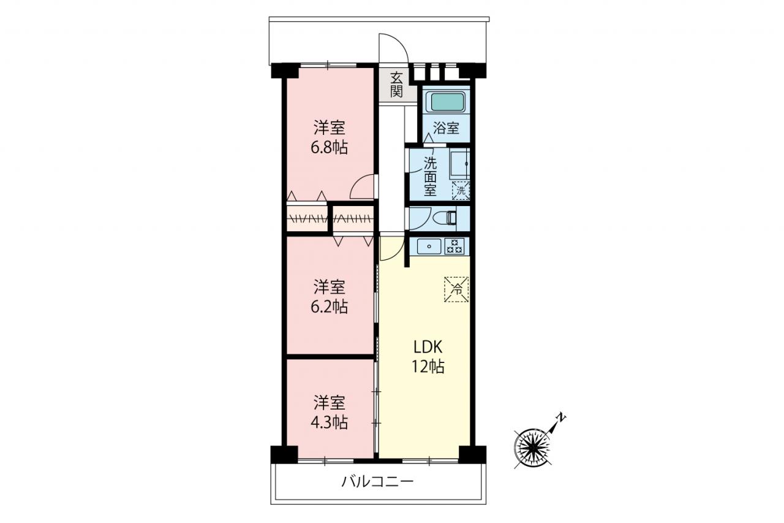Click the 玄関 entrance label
pyautogui.click(x=396, y=85)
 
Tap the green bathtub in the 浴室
pyautogui.click(x=447, y=102)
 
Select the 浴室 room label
pyautogui.click(x=447, y=128)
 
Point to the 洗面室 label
pyautogui.click(x=430, y=177)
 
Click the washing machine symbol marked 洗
pyautogui.click(x=461, y=191)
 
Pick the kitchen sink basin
pyautogui.click(x=429, y=246)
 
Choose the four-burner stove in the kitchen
pyautogui.click(x=454, y=246)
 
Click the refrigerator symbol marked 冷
pyautogui.click(x=456, y=289)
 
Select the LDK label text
pyautogui.click(x=428, y=347)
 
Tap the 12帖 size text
pyautogui.click(x=428, y=367)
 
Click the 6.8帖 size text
pyautogui.click(x=329, y=148)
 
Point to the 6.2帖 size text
pyautogui.click(x=329, y=307)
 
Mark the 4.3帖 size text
pyautogui.click(x=329, y=422)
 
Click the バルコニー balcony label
pyautogui.click(x=377, y=482)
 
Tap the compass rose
pyautogui.click(x=532, y=448)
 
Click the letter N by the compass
pyautogui.click(x=561, y=417)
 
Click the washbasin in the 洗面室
pyautogui.click(x=459, y=164)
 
